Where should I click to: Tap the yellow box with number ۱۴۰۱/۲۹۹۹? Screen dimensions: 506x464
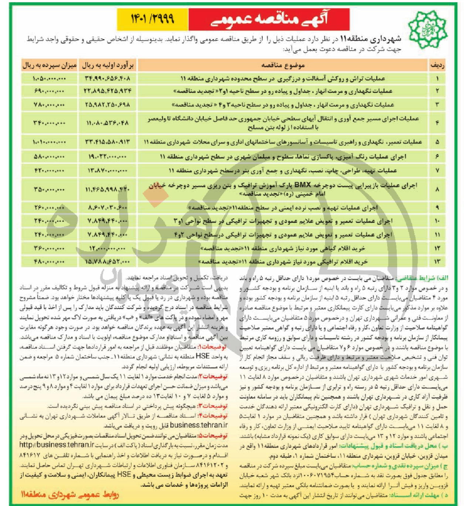point(153,19)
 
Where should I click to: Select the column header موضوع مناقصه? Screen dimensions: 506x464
point(283,65)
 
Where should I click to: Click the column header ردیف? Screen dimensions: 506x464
point(437,65)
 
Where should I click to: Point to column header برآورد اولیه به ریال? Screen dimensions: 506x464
point(107,65)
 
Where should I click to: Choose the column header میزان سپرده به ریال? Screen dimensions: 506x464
point(49,65)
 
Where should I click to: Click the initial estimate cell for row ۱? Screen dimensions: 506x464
point(107,78)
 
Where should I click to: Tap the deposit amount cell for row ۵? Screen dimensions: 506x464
point(49,142)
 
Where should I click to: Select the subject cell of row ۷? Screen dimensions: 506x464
point(283,171)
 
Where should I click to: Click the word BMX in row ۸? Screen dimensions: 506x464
point(303,185)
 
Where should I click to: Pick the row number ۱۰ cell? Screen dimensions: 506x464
point(437,221)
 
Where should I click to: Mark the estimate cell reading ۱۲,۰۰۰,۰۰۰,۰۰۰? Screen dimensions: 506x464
point(107,248)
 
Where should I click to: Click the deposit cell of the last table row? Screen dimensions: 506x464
point(49,262)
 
